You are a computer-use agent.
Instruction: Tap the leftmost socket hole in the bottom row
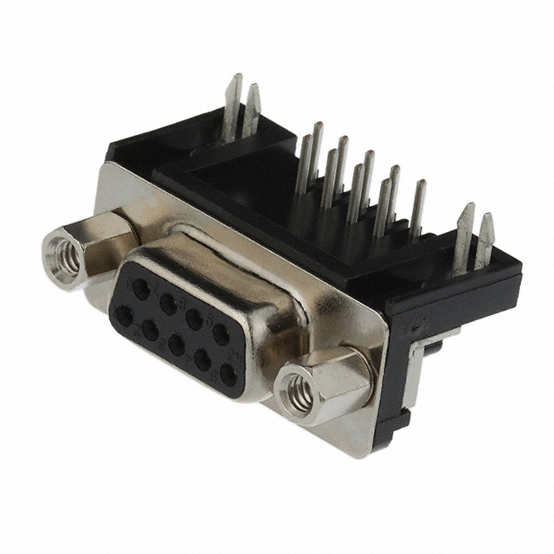click(124, 316)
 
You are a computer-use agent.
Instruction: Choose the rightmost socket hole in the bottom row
click(227, 375)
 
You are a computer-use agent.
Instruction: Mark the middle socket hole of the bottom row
click(176, 345)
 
